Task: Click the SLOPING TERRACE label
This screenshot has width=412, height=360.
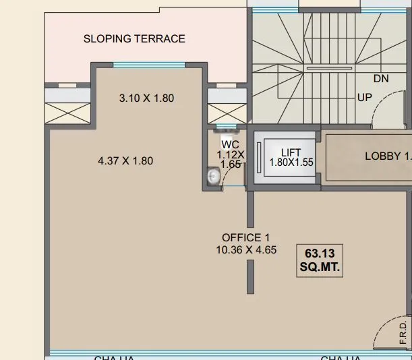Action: (x=134, y=38)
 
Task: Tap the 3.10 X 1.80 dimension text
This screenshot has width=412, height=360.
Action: (x=146, y=98)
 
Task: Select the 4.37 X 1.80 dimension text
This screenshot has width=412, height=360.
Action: (x=125, y=160)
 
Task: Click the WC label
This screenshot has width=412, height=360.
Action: (x=230, y=144)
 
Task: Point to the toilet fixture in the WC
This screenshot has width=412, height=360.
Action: (x=213, y=177)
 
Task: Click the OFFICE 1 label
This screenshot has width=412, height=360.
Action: (x=245, y=237)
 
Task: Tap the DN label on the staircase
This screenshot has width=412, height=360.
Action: (x=381, y=79)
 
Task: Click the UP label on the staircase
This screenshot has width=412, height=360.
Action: (x=365, y=97)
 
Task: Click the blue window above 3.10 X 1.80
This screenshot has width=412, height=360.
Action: (x=149, y=65)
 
